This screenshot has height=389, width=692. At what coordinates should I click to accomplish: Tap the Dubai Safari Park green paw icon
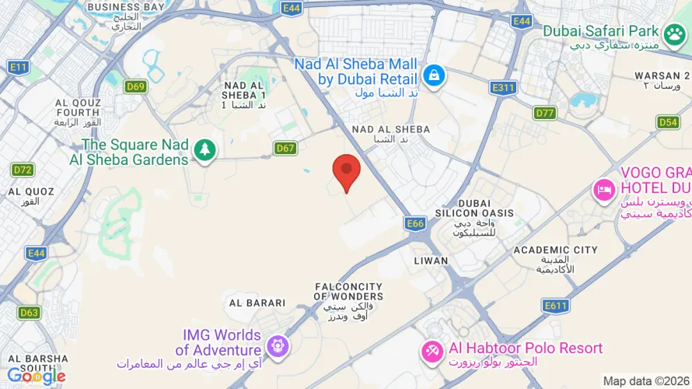click(672, 33)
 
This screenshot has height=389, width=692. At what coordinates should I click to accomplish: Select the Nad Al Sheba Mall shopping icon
click(432, 75)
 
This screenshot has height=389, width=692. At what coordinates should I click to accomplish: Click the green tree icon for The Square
click(204, 149)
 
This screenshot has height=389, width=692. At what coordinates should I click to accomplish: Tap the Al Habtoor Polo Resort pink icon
click(432, 350)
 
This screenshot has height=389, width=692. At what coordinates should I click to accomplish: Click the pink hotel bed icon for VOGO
click(604, 189)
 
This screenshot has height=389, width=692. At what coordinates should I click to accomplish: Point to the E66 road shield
click(416, 224)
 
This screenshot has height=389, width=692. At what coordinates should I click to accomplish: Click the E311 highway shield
click(503, 88)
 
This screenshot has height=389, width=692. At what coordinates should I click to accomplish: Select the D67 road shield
click(285, 148)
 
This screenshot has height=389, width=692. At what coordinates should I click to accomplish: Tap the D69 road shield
click(135, 86)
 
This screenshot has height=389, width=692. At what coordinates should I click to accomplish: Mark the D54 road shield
click(668, 122)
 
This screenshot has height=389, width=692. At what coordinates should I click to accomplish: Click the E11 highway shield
click(19, 68)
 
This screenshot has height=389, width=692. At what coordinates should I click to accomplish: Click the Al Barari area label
click(256, 303)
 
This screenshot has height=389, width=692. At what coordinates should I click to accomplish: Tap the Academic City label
click(555, 250)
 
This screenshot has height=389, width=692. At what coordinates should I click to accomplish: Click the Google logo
click(36, 377)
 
